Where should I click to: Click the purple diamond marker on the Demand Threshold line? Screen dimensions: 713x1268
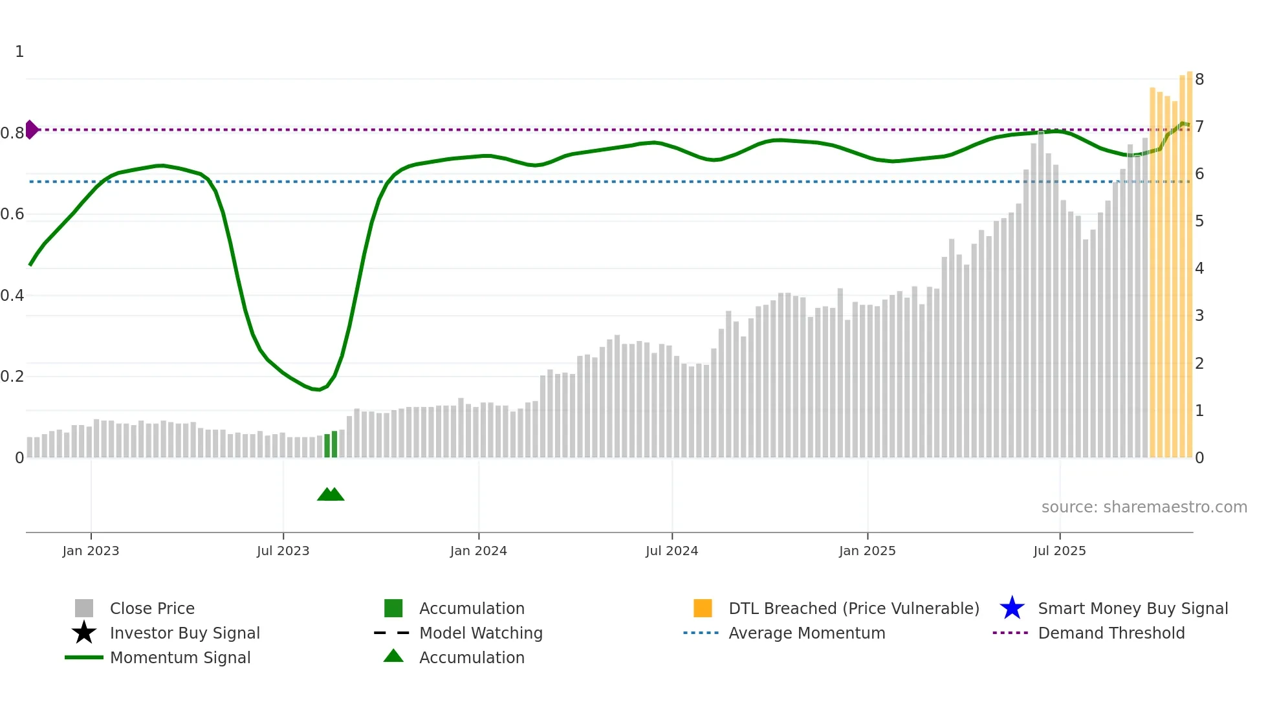[31, 129]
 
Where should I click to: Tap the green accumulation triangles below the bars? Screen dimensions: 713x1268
[331, 494]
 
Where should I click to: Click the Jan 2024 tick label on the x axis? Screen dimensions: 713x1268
[478, 551]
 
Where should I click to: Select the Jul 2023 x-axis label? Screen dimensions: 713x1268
[283, 551]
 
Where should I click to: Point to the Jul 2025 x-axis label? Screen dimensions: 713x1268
[1059, 551]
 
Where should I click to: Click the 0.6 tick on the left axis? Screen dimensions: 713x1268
[12, 214]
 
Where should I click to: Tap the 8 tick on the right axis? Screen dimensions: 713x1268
[1199, 80]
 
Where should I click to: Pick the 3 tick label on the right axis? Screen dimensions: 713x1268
[1199, 316]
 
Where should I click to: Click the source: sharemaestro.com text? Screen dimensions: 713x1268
[1144, 507]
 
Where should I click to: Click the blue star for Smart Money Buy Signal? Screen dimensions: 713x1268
[1012, 608]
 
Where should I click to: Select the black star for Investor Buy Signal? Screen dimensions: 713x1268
[84, 633]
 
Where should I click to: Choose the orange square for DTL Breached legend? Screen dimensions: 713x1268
[703, 608]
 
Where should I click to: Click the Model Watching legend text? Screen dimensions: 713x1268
[481, 633]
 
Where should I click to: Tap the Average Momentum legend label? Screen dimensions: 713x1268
[807, 633]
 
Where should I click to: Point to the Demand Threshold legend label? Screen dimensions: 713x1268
[1111, 633]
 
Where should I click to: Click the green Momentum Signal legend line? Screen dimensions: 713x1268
[84, 657]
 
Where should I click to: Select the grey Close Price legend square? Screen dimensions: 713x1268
[84, 608]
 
